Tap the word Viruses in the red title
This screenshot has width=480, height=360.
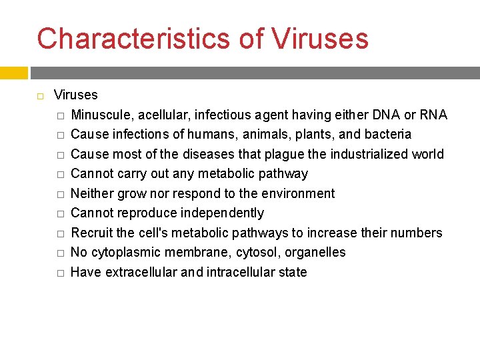point(319,39)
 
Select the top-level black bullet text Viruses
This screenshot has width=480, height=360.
point(75,95)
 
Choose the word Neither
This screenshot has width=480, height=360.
point(92,193)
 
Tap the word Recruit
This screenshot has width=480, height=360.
point(91,233)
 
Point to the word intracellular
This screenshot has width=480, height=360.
point(244,272)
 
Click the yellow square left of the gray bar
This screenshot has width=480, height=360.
point(13,73)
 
